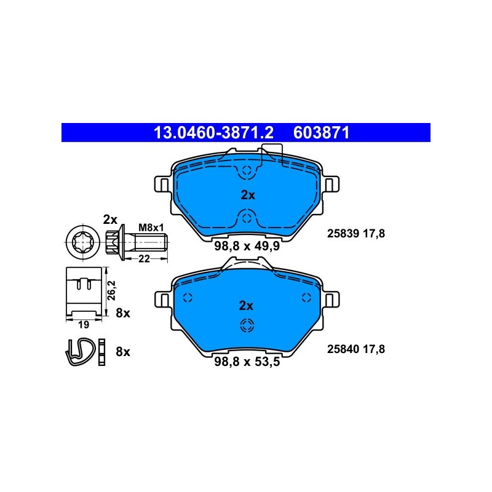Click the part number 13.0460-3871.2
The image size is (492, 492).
pyautogui.click(x=213, y=132)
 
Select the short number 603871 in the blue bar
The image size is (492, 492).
pyautogui.click(x=321, y=132)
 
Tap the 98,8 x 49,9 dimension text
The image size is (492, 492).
pyautogui.click(x=247, y=246)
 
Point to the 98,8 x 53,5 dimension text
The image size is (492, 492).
pyautogui.click(x=247, y=362)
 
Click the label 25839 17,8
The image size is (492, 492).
pyautogui.click(x=356, y=234)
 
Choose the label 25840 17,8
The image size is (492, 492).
pyautogui.click(x=356, y=349)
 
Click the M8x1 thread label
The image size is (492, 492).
pyautogui.click(x=151, y=228)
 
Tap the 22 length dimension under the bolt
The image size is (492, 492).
pyautogui.click(x=144, y=258)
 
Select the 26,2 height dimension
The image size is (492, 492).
pyautogui.click(x=112, y=290)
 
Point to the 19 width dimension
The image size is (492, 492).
pyautogui.click(x=84, y=325)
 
